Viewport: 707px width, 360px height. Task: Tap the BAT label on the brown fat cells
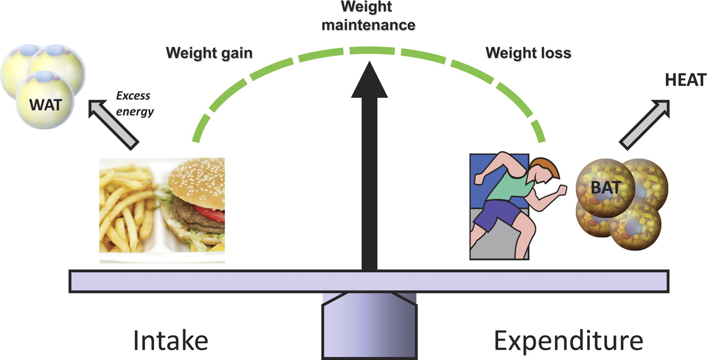[602, 188]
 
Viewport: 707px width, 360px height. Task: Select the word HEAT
[685, 81]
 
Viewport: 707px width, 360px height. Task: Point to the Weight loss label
[528, 54]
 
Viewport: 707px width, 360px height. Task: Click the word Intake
[170, 341]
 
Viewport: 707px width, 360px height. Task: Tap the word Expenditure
[568, 341]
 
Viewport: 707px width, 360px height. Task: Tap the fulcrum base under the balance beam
[369, 329]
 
